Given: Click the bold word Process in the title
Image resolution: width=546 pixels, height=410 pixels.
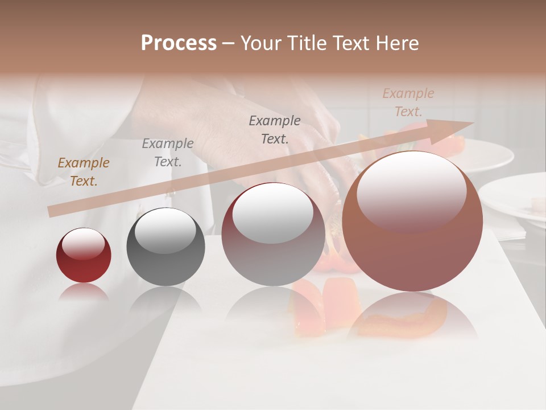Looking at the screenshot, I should point(179,43).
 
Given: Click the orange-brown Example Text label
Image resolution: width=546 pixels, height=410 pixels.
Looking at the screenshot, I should point(84,172).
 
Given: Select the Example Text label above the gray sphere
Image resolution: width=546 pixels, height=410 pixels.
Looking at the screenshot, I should point(168,152).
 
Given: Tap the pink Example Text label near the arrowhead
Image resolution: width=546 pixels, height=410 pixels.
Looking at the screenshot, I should point(408,102).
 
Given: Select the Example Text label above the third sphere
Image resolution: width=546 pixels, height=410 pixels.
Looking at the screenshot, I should point(275,129).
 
